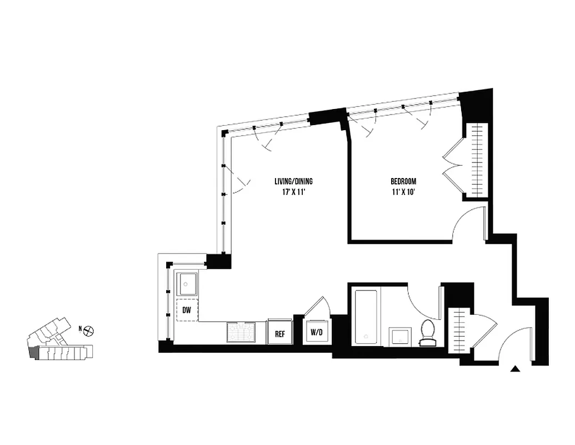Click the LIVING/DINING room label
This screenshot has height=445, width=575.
tap(294, 181)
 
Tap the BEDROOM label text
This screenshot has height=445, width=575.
tap(403, 181)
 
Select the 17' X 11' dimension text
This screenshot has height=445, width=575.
tap(294, 192)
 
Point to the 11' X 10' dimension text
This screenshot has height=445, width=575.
tap(403, 192)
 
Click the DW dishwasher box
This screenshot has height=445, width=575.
tap(187, 311)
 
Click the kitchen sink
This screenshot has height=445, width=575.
tap(187, 284)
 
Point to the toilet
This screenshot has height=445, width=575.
tap(428, 332)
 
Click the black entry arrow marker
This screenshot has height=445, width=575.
tap(516, 368)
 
